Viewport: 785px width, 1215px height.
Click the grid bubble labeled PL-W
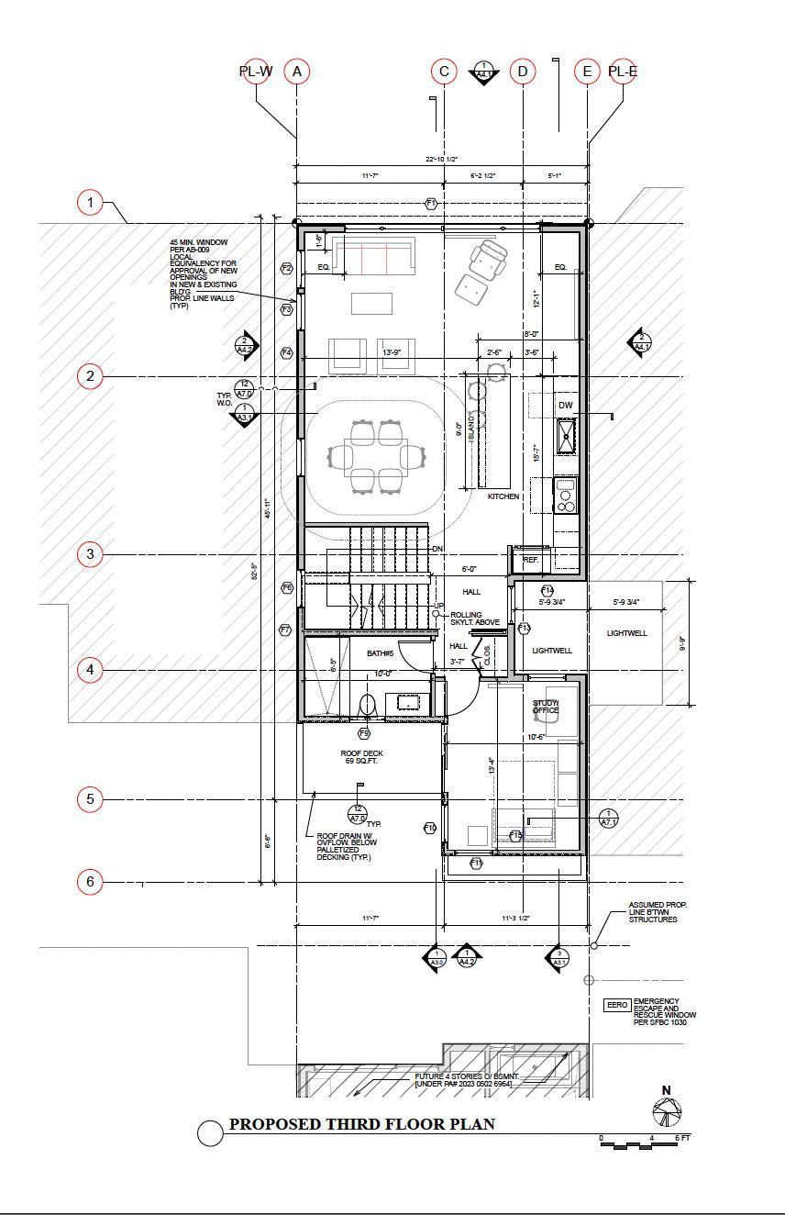point(256,72)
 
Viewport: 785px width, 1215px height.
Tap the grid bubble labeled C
point(444,72)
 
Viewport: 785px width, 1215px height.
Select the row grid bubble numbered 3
point(90,553)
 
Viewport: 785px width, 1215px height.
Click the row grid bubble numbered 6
point(90,882)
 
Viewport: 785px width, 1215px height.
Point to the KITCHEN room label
point(503,496)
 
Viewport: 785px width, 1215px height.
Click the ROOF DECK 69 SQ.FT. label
point(361,757)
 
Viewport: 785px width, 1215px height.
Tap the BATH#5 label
point(380,653)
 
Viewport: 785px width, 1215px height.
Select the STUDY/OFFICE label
point(546,707)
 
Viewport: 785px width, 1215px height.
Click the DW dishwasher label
point(565,405)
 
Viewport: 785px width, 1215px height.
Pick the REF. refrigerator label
point(530,559)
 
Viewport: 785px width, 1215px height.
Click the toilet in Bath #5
point(368,705)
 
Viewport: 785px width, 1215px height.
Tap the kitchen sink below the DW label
point(566,435)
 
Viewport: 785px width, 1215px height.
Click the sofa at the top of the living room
point(374,257)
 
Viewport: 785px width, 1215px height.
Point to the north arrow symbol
point(667,1109)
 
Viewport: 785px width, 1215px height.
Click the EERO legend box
point(616,1005)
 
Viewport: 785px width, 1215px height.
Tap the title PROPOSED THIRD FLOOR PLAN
point(361,1124)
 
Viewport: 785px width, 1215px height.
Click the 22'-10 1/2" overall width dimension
point(441,160)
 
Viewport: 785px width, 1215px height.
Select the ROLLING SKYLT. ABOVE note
point(475,619)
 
